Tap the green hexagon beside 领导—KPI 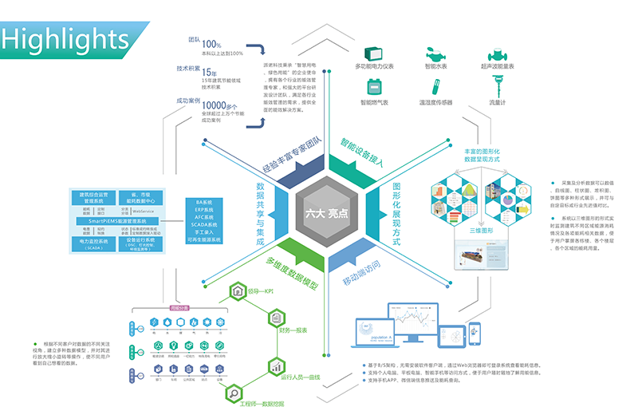coord(237,294)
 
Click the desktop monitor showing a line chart coord(420,322)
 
